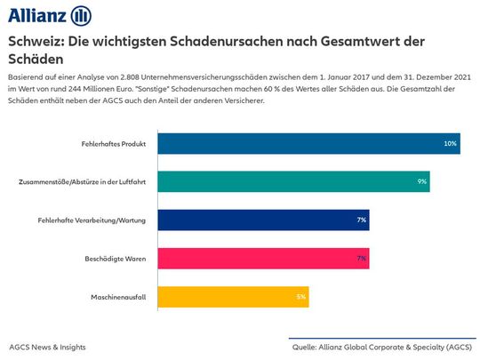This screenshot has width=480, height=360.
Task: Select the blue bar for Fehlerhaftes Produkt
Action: click(x=302, y=142)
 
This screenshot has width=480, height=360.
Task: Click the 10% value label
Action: click(x=450, y=142)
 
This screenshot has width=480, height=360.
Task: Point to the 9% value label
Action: click(x=422, y=180)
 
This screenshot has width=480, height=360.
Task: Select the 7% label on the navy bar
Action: click(x=362, y=219)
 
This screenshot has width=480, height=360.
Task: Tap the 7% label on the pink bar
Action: click(x=362, y=258)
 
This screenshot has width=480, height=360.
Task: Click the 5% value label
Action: click(x=301, y=296)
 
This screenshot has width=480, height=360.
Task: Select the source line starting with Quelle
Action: click(x=383, y=347)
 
